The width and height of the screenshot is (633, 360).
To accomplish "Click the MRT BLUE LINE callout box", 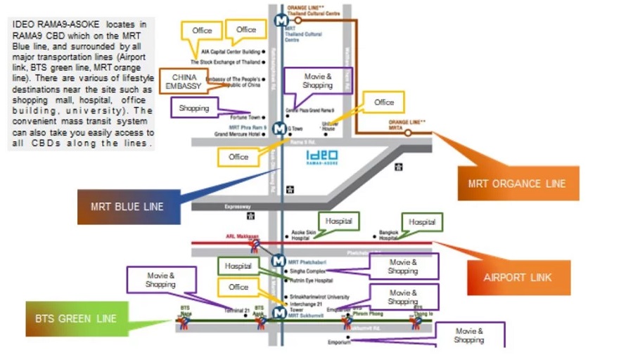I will point(127,207).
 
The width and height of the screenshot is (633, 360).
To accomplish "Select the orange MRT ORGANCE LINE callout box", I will point(517,184).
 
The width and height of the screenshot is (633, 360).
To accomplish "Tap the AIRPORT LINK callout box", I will point(517,277).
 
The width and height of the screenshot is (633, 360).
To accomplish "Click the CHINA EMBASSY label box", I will point(183,81).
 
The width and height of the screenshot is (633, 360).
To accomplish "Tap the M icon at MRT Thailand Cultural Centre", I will point(281,21).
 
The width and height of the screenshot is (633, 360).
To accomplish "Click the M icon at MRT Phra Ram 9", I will point(279,129).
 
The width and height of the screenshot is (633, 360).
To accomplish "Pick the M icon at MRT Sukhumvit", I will point(279,314).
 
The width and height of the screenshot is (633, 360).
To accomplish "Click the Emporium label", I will point(338,342).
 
